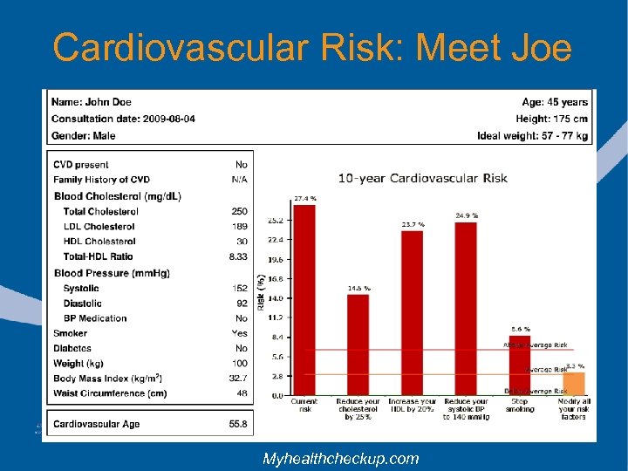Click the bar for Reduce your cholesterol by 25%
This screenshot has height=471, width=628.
coord(358,345)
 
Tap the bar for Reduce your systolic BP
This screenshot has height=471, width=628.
coord(466,308)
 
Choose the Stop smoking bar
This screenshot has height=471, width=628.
coord(520,365)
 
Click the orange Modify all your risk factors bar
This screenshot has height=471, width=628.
coord(573,384)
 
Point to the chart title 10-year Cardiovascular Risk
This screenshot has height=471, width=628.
coord(422,179)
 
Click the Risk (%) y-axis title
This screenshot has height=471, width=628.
coord(261,291)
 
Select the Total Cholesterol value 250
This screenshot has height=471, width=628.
coord(239,211)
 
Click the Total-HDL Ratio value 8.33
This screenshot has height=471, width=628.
coord(238,256)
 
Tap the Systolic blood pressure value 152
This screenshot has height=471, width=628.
coord(239,289)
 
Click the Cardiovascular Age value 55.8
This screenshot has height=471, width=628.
coord(237,424)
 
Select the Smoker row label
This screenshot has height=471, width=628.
coord(70,333)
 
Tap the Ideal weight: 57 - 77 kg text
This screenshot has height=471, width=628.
coord(532,135)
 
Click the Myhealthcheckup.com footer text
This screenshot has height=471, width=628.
coord(341,458)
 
